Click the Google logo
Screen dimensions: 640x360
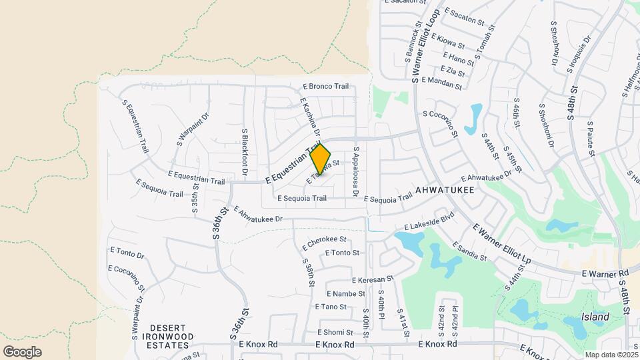tap(22, 351)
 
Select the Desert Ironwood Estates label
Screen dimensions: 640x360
tap(162, 333)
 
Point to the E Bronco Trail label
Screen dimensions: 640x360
tap(326, 86)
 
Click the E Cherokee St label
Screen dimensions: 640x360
tap(325, 239)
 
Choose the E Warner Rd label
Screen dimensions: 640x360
tap(605, 273)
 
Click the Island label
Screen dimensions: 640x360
tap(595, 317)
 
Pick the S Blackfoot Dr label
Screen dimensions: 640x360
tap(245, 153)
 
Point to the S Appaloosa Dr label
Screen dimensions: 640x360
tap(357, 173)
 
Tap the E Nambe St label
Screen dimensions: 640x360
tap(346, 293)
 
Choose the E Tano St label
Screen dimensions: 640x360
tap(331, 307)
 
